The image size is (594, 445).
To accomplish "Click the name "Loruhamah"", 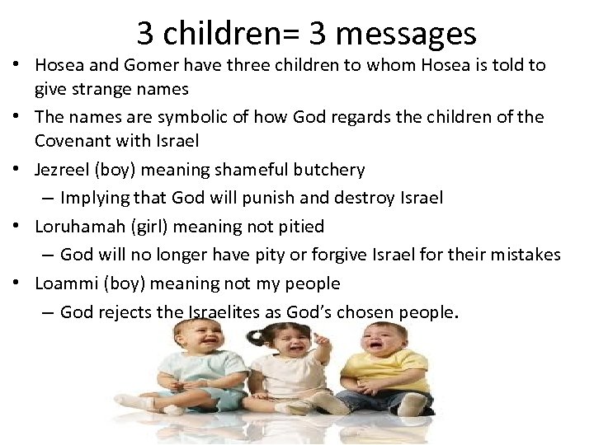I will (77, 226).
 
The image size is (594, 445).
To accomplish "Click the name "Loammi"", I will (64, 283).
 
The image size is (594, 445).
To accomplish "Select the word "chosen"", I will (365, 312).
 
